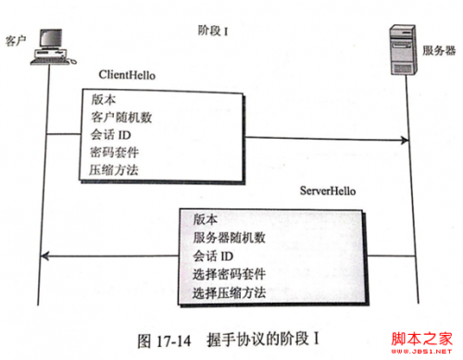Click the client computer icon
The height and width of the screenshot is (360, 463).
point(45,45)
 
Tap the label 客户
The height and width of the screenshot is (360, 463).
point(15,42)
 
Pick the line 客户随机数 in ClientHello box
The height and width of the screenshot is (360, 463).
point(120,118)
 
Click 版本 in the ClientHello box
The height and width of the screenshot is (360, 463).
point(102,101)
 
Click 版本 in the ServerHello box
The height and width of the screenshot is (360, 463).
point(206,219)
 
